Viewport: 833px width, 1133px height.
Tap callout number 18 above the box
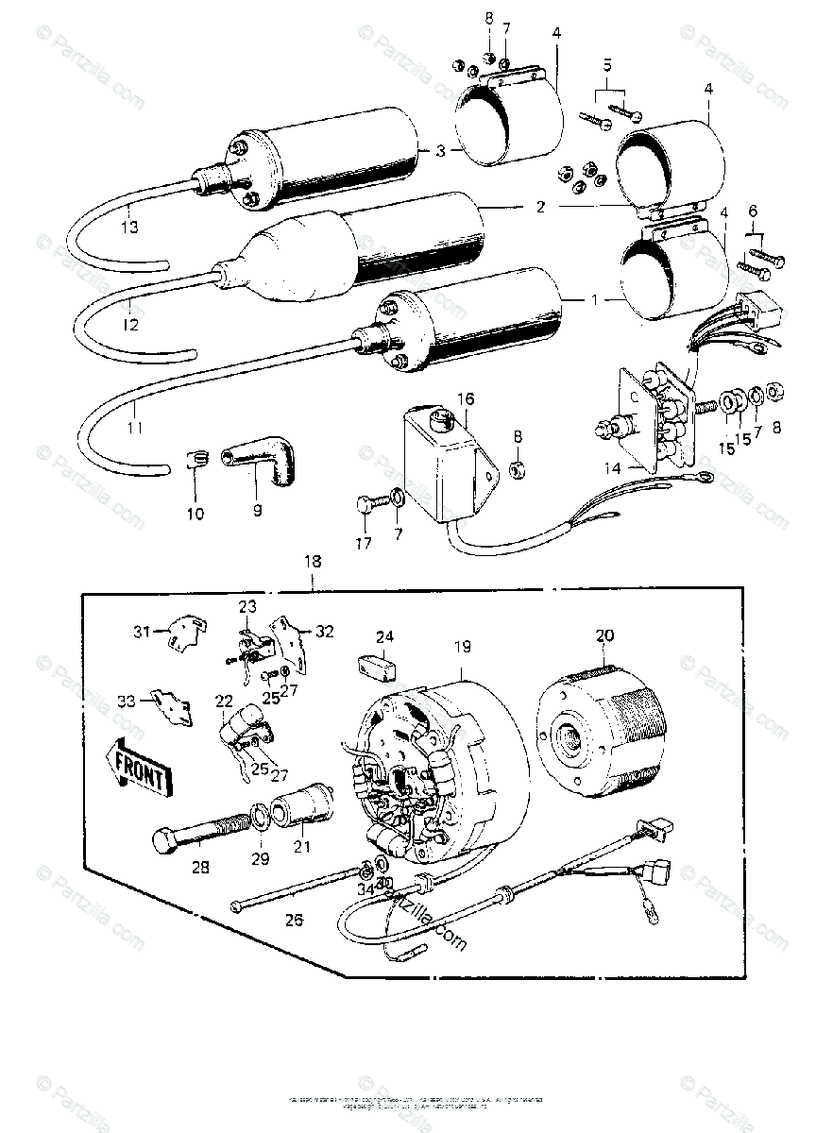(312, 561)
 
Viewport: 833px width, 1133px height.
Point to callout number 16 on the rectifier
(464, 399)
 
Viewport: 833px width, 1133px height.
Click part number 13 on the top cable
(130, 227)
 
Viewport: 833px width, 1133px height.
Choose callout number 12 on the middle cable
(130, 325)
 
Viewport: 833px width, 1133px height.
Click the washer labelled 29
(258, 816)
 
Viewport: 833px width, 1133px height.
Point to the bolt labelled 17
(367, 506)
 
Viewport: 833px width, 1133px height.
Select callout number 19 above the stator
(462, 647)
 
